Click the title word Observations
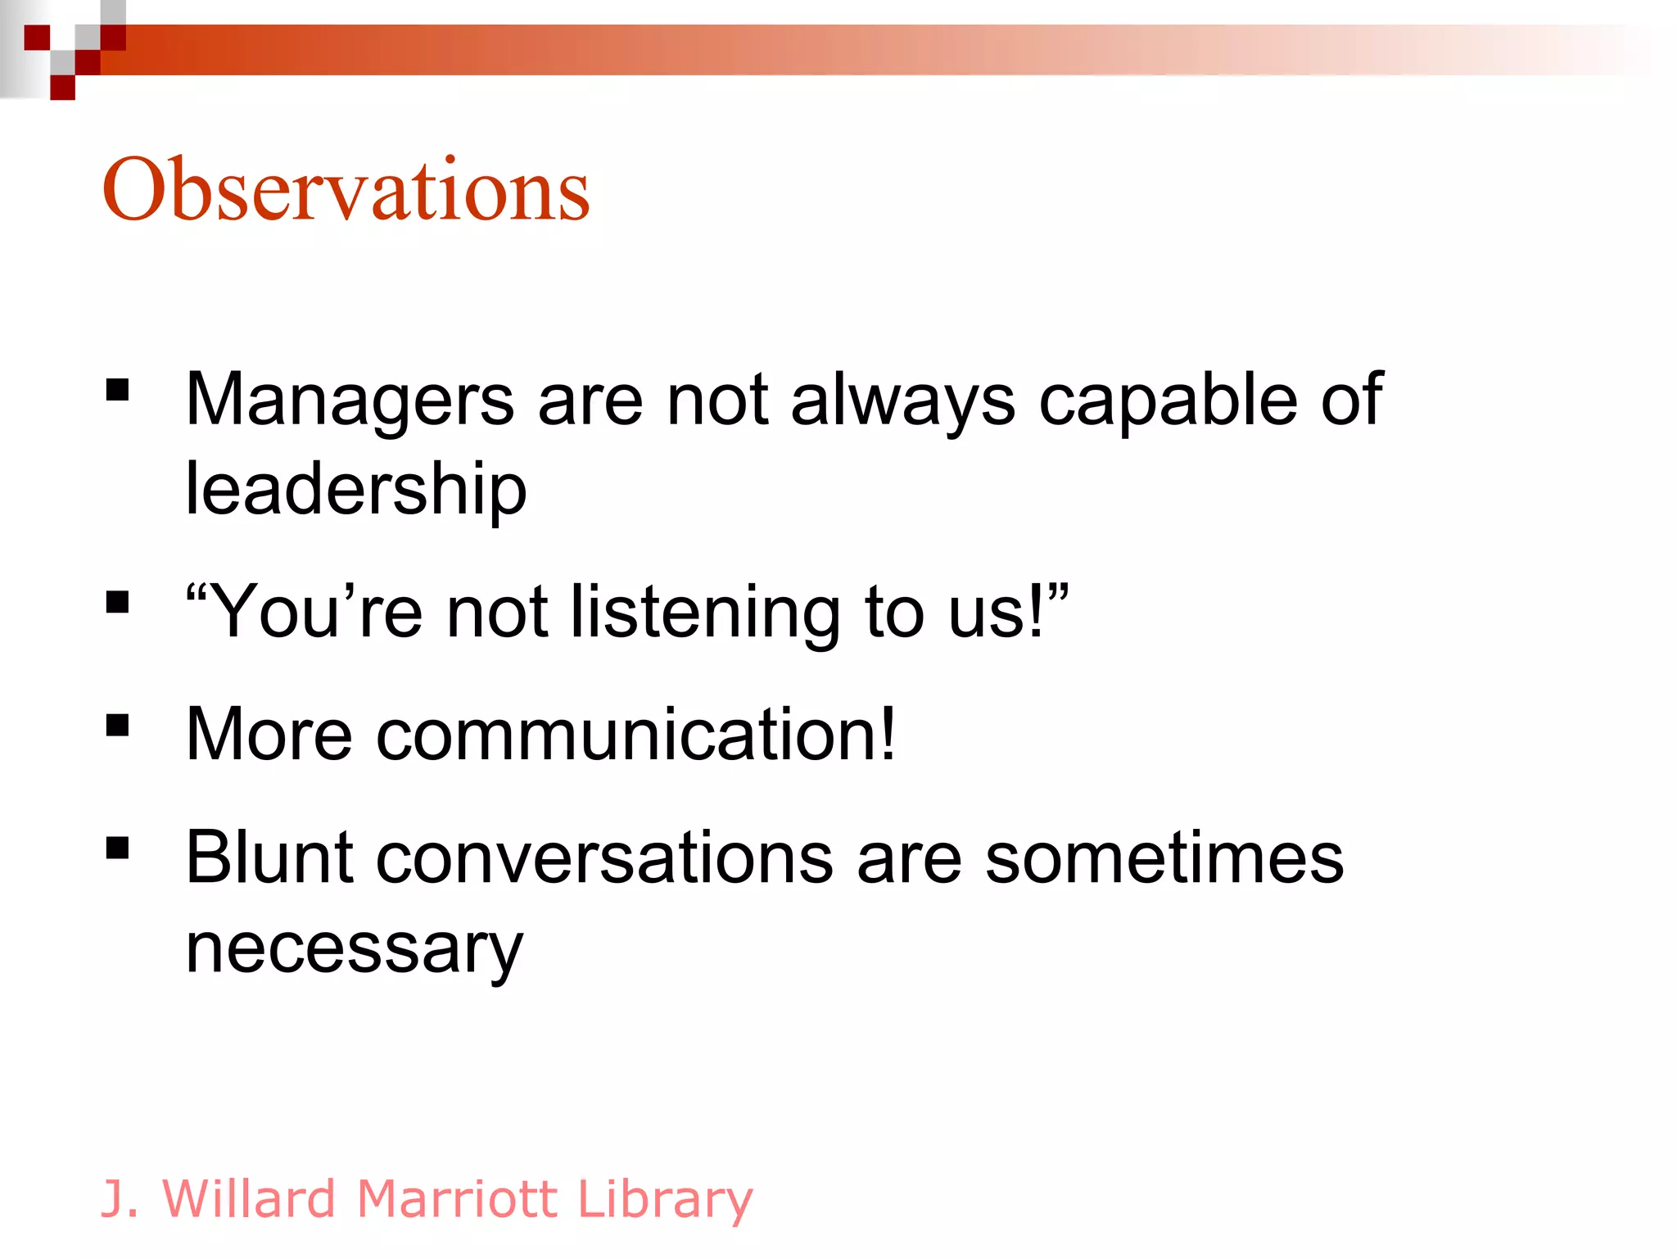346,190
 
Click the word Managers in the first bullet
350,401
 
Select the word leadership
356,490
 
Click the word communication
635,735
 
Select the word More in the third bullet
269,735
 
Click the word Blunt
269,858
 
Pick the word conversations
605,858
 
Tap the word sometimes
1164,858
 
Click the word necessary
354,948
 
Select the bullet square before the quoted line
118,602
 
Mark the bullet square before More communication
118,725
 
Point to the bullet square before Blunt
118,848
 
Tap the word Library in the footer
664,1199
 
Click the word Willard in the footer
250,1199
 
